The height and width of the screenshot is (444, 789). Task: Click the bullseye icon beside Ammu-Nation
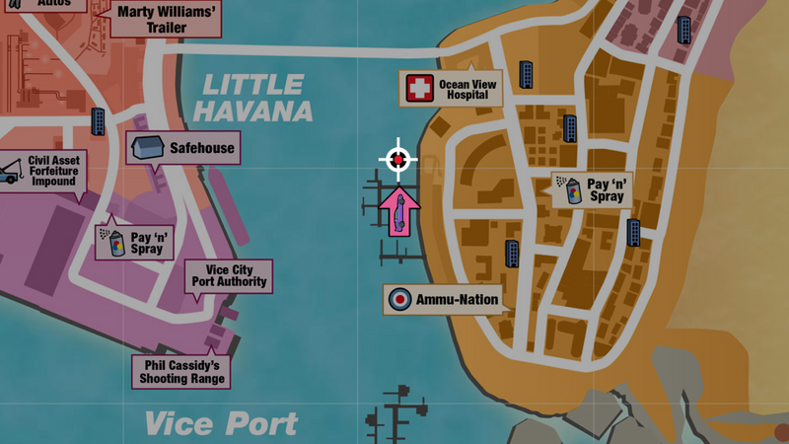click(x=399, y=300)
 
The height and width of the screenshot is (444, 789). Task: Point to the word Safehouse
click(x=202, y=149)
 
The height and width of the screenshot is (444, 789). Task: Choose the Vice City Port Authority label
click(x=229, y=275)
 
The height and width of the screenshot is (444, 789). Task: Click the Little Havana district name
click(x=252, y=98)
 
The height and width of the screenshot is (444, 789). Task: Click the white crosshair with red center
click(x=397, y=159)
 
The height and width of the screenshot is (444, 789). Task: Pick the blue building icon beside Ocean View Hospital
click(x=527, y=74)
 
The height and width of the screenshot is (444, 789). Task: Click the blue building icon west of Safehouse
click(x=99, y=120)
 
